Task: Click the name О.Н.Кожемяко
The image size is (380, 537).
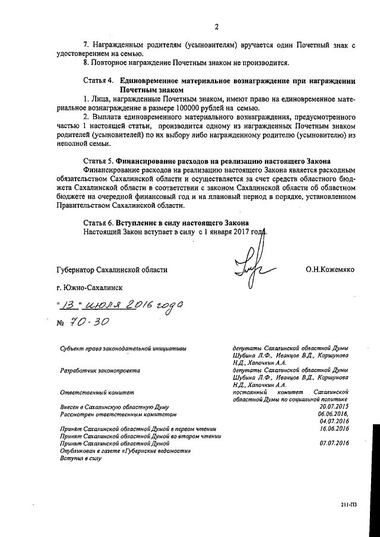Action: [x=330, y=269]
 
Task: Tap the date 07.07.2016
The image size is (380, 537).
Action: [x=334, y=443]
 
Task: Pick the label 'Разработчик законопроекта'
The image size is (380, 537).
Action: [x=100, y=370]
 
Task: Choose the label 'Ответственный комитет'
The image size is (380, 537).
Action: [x=97, y=392]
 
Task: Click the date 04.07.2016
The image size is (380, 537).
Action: [x=334, y=421]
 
